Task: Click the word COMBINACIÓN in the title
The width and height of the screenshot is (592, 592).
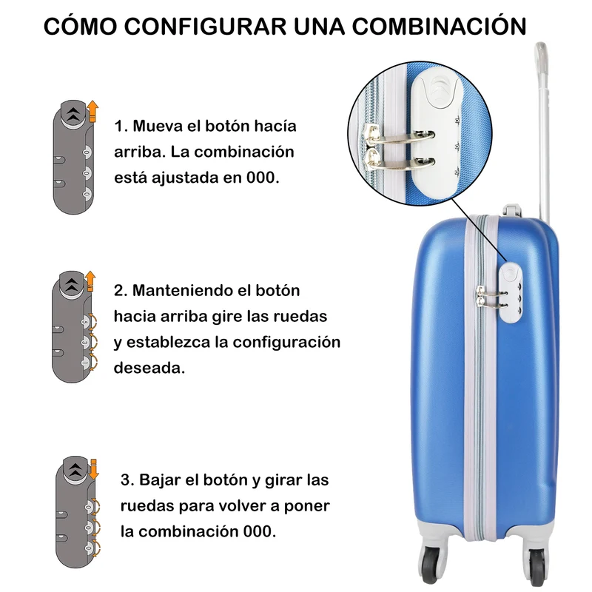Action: (439, 26)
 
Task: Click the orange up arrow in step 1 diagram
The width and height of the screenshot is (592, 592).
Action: (92, 112)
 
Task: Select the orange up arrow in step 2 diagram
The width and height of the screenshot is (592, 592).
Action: (90, 280)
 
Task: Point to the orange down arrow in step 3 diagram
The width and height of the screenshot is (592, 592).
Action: (94, 469)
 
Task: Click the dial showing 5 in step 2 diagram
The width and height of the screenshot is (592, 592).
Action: (85, 322)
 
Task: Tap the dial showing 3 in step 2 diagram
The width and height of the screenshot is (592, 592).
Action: (85, 342)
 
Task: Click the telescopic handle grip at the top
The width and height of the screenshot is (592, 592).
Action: (541, 57)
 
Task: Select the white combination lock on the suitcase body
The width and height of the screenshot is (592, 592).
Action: (511, 293)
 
